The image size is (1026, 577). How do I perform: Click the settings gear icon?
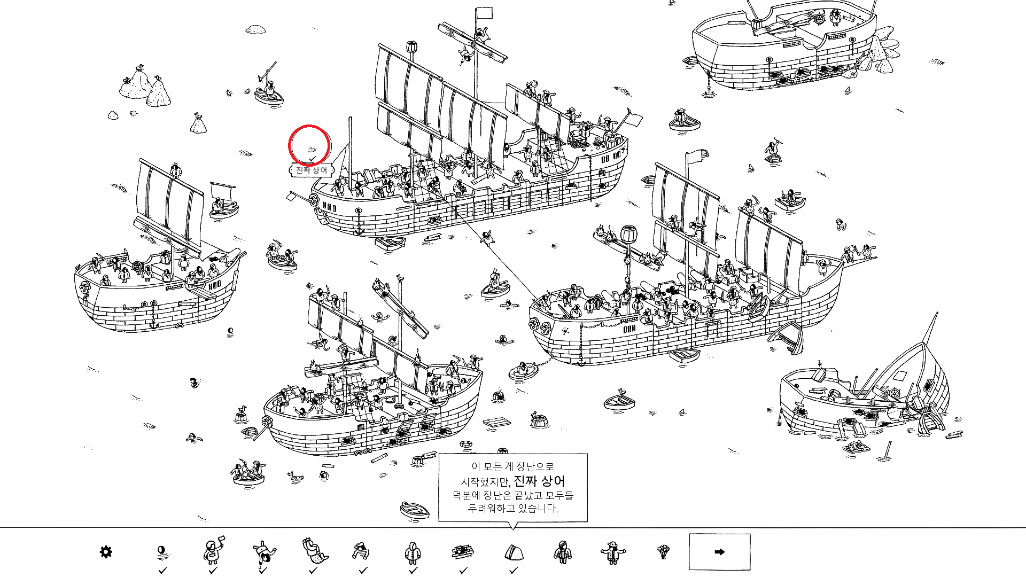(x=106, y=551)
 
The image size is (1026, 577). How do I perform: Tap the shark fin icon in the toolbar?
(x=513, y=552)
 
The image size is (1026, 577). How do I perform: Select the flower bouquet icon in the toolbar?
(x=663, y=551)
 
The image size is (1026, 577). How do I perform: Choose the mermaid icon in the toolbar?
(x=312, y=551)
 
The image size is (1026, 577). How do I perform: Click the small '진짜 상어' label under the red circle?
(x=312, y=170)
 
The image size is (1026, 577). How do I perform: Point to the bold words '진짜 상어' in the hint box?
(x=539, y=481)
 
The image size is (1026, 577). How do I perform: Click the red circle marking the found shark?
(x=309, y=145)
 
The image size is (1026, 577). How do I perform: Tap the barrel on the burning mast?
(x=628, y=233)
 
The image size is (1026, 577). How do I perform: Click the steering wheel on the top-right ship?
(x=819, y=19)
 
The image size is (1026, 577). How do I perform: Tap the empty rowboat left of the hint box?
(x=415, y=509)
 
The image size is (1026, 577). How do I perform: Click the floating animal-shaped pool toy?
(x=295, y=475)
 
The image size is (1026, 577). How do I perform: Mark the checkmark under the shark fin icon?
(x=513, y=571)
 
